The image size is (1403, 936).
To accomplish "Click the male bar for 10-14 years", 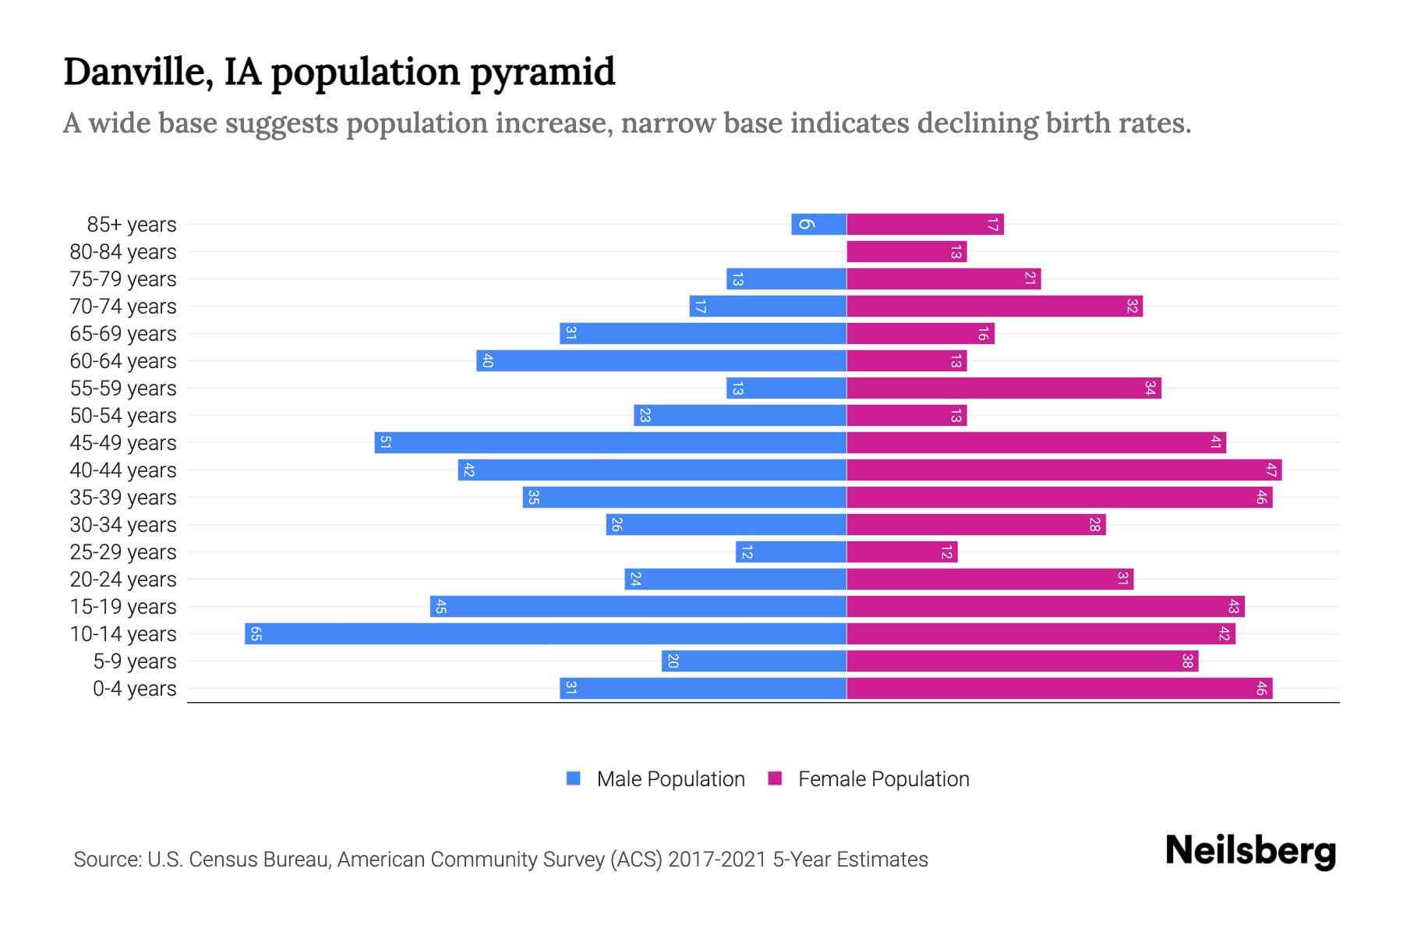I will pos(546,633).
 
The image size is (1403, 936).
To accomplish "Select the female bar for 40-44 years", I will pos(1064,470).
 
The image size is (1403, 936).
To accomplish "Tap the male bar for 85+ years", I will pos(818,224).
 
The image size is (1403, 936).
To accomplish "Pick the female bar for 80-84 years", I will pos(906,252).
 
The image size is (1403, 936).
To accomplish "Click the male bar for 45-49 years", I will pos(610,443).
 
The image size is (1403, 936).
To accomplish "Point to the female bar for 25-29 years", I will pos(902,552).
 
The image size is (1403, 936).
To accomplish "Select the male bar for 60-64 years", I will pos(661,361).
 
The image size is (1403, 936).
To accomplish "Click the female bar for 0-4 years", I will pos(1059,688).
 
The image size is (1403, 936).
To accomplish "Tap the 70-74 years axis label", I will pos(123,307).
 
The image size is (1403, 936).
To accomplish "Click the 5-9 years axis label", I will pos(135,661).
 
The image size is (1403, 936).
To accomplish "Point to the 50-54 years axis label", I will pos(123,416).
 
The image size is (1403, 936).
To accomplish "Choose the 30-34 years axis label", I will pos(123,525).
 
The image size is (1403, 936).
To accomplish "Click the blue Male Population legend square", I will pos(574,778).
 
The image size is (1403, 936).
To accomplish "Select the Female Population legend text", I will pos(883,779).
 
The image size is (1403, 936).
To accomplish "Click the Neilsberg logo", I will pos(1250,851).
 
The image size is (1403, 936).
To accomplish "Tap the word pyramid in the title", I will pos(542,73).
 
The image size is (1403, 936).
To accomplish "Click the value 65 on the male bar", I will pos(256,633).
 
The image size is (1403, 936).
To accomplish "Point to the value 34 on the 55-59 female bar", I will pos(1150,388).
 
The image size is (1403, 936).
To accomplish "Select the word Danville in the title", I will pos(138,73).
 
